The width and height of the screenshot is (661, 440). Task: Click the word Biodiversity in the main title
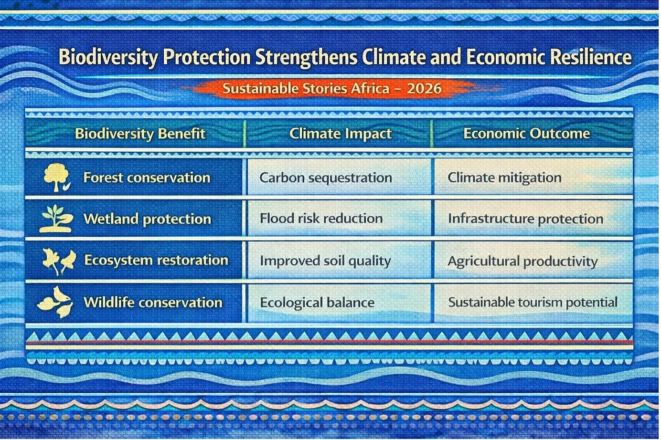108,57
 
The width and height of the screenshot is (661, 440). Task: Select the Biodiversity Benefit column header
140,134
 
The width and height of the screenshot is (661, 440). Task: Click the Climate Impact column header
340,134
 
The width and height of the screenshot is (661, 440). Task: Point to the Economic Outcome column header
526,134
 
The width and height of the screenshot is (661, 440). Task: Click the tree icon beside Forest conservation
57,177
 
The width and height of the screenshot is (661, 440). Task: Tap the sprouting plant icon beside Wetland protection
56,219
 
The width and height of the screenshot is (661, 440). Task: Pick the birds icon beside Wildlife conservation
55,302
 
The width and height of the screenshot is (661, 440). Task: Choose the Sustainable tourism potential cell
533,302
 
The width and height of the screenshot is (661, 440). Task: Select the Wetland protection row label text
147,220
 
